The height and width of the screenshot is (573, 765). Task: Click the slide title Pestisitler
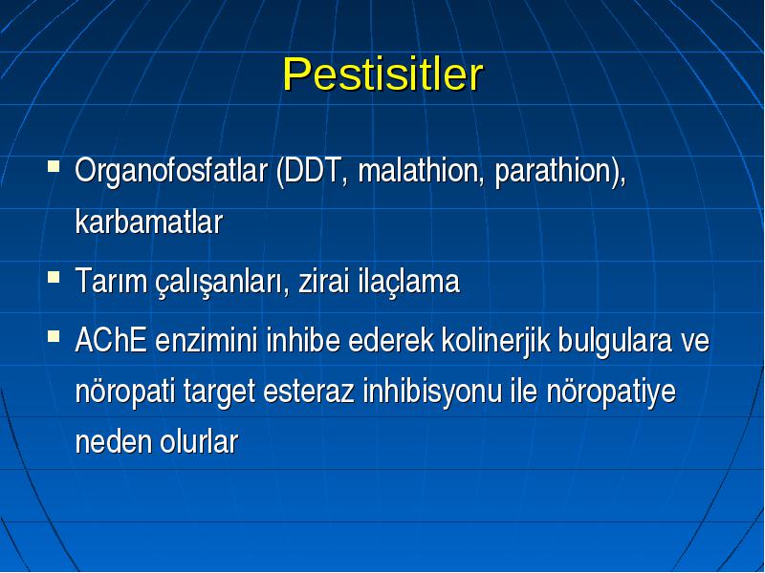383,74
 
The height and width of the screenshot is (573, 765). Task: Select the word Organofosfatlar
171,172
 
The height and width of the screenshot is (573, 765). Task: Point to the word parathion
554,173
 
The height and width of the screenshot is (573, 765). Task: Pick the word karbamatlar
149,223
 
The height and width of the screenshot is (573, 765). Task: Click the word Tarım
111,281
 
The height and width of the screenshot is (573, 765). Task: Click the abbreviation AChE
111,340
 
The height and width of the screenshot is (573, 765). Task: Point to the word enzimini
206,340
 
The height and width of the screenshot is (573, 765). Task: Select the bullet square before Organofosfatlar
54,167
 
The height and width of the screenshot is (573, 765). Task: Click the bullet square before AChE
54,336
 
